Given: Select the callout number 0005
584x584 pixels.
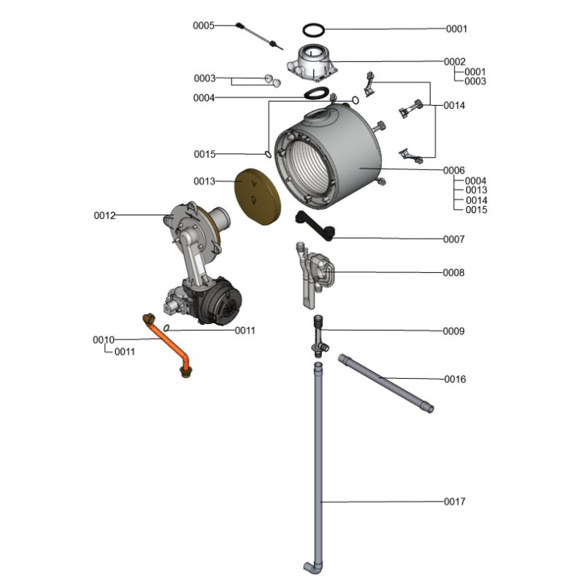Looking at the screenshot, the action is tap(204, 26).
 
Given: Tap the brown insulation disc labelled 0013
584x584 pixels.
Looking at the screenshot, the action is tap(258, 196).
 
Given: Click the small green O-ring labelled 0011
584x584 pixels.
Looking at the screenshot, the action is tap(166, 328).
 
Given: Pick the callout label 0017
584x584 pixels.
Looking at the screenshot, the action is tap(454, 502).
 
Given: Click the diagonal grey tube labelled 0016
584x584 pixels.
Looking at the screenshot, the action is tap(386, 384).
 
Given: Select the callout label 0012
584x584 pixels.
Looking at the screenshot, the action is tap(104, 215).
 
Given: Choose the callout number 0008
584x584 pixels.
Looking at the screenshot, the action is tap(453, 272).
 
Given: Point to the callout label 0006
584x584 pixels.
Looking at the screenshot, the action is tap(454, 170).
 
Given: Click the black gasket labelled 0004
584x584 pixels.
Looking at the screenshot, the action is tap(317, 93).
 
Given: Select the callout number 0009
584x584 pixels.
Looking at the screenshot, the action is tap(453, 331).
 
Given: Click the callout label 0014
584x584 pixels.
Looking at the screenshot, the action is tap(454, 105).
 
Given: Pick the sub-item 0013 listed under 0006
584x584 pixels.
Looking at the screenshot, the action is tap(477, 190).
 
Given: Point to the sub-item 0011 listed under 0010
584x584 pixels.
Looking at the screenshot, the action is tap(125, 352).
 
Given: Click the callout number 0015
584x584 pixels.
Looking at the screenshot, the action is tap(204, 154).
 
